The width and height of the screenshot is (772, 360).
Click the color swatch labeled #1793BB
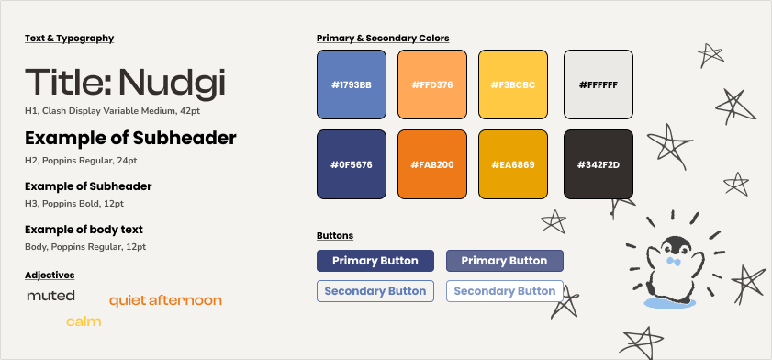click(352, 84)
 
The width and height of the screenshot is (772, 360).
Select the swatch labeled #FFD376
click(432, 84)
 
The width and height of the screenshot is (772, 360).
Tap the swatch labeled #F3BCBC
click(513, 84)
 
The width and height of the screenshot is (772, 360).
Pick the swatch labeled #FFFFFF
click(599, 84)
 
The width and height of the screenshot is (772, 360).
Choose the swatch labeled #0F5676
click(352, 164)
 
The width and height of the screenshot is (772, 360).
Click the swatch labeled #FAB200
click(432, 164)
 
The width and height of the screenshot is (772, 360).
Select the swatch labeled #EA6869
click(513, 164)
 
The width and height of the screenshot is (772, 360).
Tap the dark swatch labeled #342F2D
click(599, 164)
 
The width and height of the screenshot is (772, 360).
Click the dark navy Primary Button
click(375, 261)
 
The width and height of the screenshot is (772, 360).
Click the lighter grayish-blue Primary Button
click(505, 261)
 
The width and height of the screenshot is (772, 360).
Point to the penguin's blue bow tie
click(673, 262)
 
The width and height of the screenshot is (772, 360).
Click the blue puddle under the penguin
click(669, 303)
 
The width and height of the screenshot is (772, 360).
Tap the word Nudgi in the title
click(172, 84)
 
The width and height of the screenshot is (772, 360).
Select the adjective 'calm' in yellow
click(84, 321)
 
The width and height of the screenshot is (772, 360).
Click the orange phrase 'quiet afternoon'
click(165, 300)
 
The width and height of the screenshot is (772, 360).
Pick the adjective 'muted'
click(50, 296)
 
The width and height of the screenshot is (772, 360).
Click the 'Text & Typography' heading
click(70, 39)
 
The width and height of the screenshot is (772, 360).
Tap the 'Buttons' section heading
click(335, 236)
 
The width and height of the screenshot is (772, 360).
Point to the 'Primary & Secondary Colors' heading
click(383, 39)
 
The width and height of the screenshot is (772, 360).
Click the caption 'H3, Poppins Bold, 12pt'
click(74, 203)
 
